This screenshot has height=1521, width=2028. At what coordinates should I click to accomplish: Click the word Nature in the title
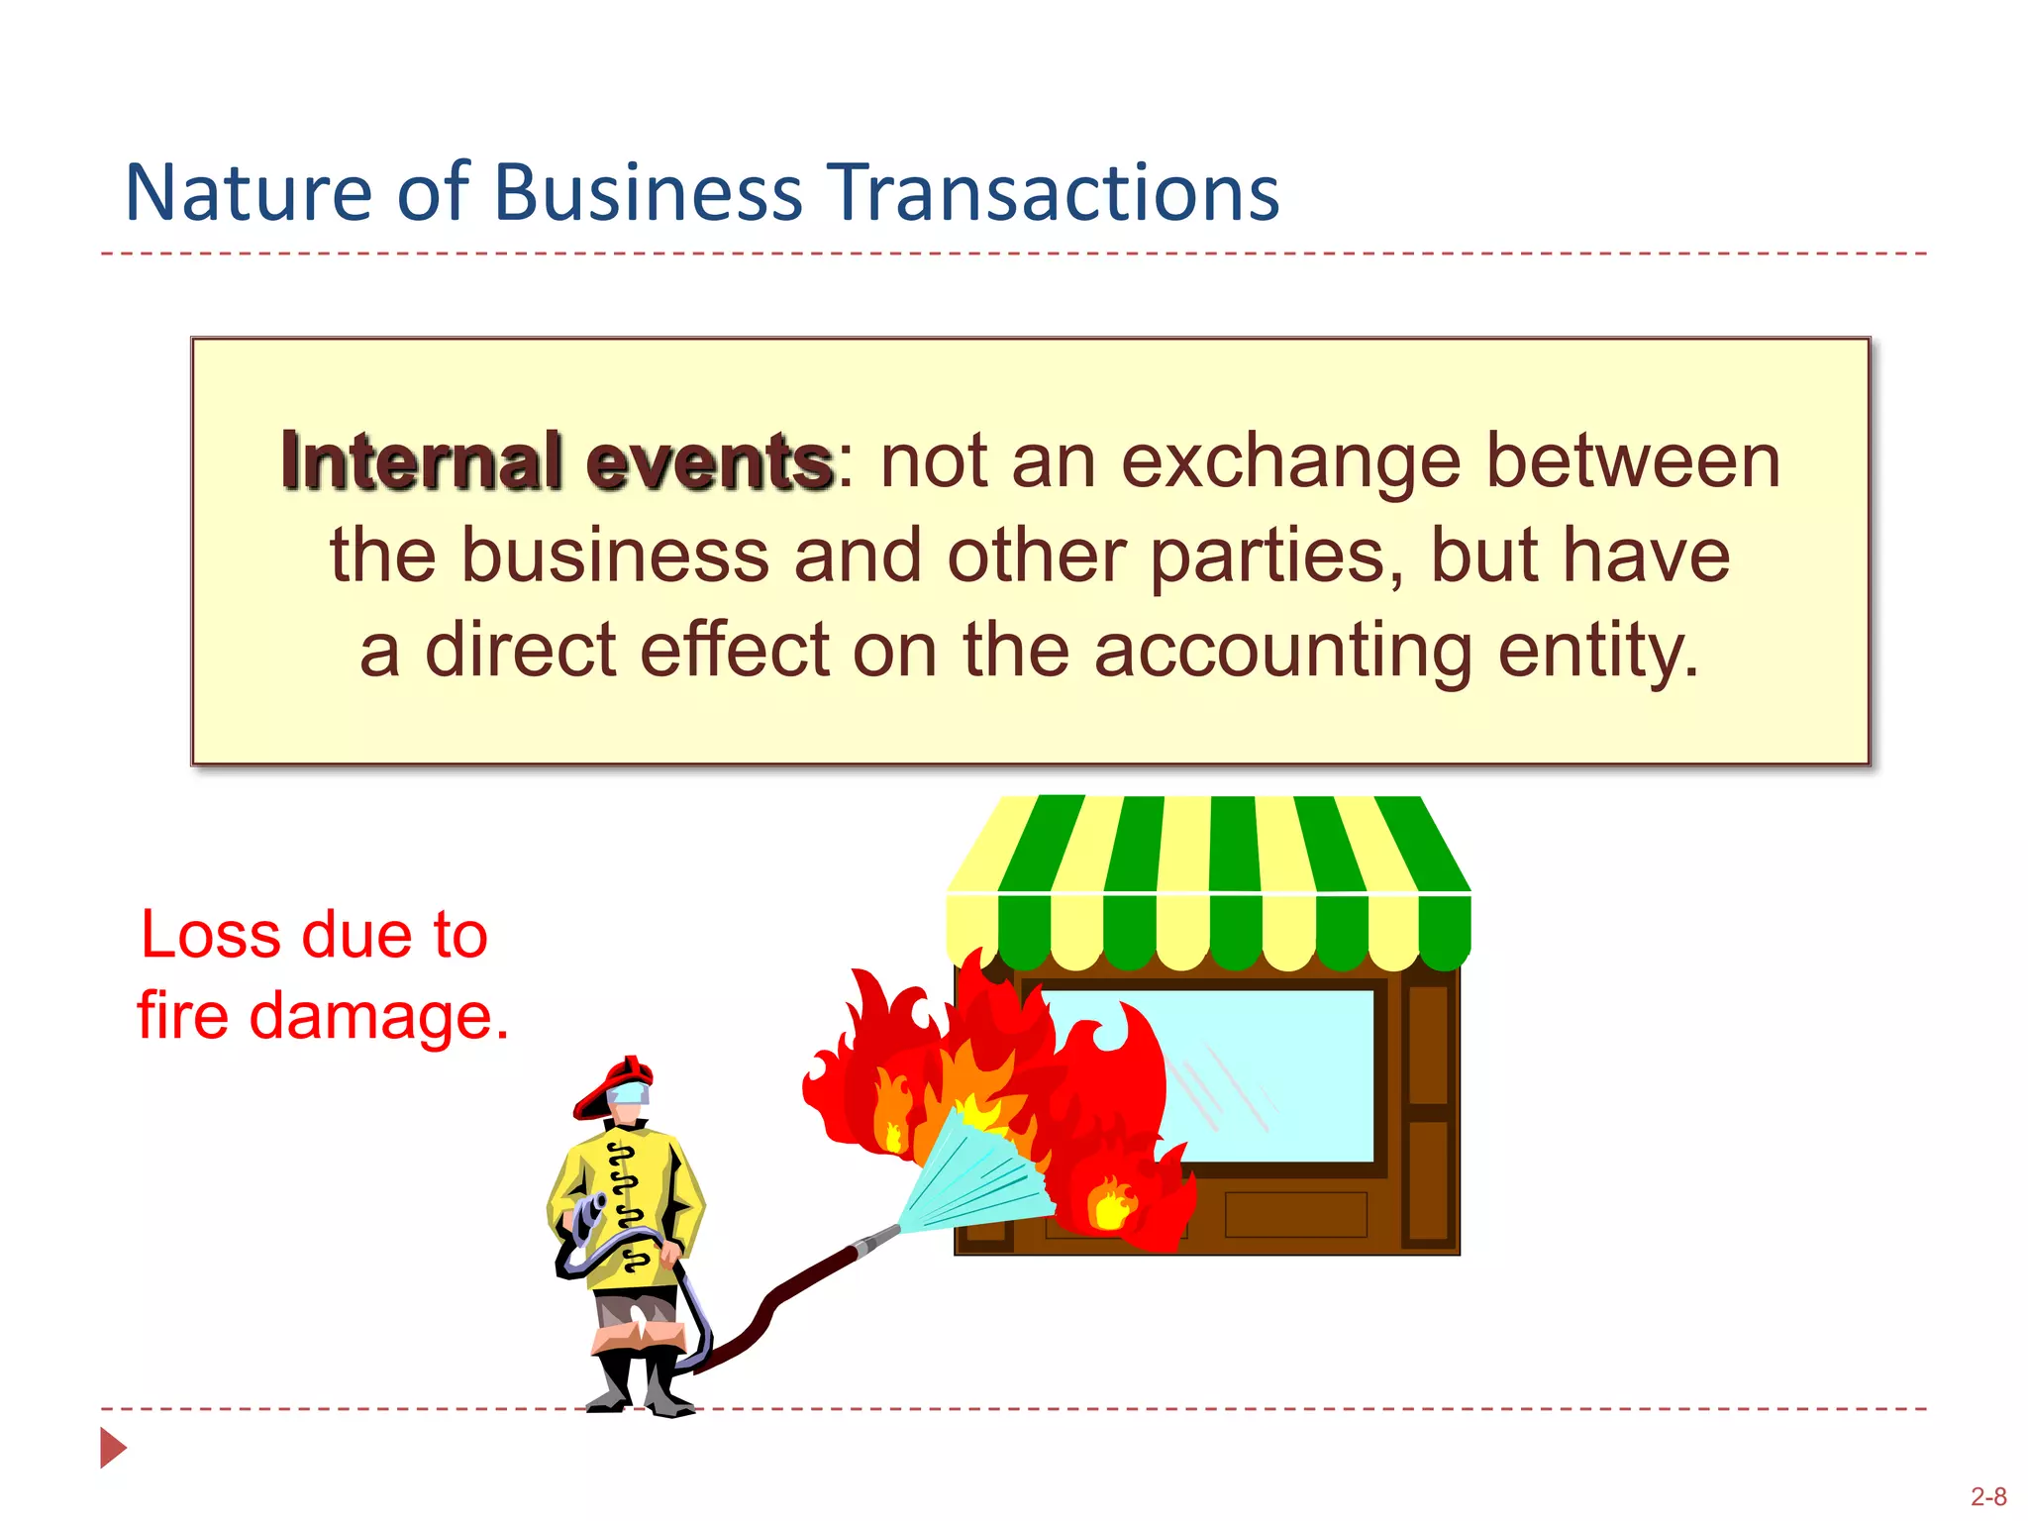click(x=247, y=192)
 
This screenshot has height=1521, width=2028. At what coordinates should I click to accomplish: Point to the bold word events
click(x=709, y=463)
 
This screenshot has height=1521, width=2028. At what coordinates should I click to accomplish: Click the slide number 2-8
click(x=1988, y=1496)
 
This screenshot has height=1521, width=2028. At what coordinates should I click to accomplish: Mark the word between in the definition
click(x=1633, y=463)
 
